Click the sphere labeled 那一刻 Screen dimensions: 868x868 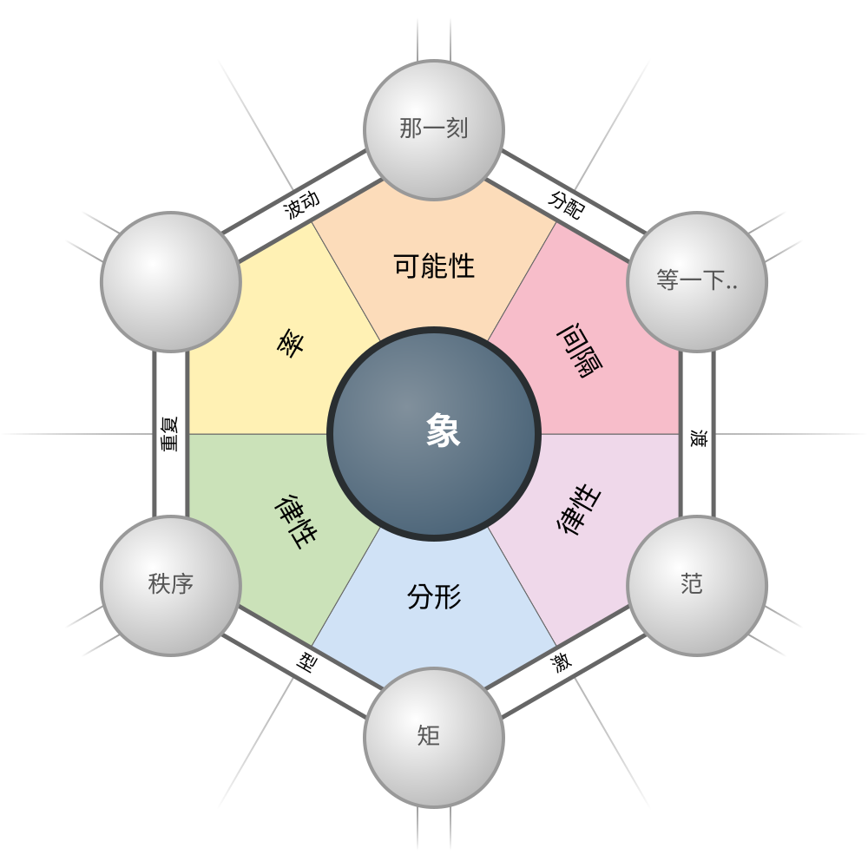434,130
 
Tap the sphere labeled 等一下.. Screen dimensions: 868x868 697,282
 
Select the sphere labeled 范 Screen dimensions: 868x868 697,586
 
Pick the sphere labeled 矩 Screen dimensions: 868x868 434,738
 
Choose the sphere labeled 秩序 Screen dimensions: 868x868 171,586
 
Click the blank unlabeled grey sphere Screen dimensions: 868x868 171,282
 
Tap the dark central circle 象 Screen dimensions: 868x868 434,434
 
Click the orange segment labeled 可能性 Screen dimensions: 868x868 434,266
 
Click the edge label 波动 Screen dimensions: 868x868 302,205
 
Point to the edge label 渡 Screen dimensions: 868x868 698,438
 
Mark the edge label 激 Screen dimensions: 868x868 562,663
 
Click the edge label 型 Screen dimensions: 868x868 306,663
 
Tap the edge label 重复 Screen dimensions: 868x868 170,434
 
